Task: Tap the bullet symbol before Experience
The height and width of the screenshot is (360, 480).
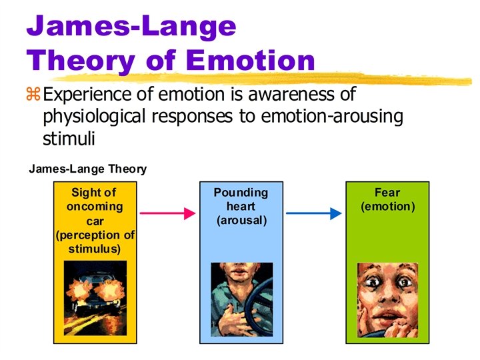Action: [33, 95]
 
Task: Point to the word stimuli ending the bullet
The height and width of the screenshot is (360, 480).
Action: [69, 139]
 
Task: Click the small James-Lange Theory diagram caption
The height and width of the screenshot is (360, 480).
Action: [87, 169]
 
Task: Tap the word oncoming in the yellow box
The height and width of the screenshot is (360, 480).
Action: [94, 207]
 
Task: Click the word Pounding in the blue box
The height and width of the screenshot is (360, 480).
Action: [240, 193]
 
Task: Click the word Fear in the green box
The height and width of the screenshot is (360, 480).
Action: [387, 193]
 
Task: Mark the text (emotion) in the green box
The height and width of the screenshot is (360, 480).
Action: [387, 207]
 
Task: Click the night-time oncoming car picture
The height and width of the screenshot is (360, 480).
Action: [94, 293]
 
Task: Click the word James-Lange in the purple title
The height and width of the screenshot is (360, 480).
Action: [131, 27]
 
